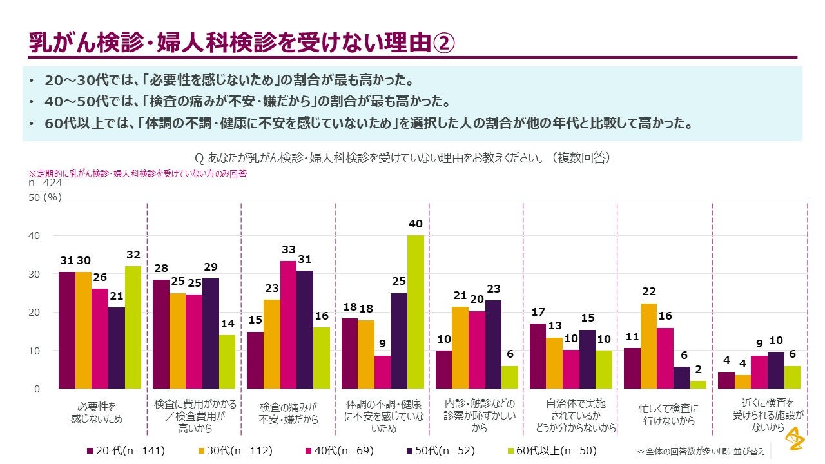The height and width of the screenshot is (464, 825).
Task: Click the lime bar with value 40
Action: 415,312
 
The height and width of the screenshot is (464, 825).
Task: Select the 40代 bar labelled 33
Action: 288,325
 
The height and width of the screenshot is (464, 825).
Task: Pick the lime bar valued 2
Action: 698,385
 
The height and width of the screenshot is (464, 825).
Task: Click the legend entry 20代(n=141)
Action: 126,450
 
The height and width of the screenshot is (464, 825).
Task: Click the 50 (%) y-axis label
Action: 45,198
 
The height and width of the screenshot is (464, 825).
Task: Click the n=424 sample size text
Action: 45,183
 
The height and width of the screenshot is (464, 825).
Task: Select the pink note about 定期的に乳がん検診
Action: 137,173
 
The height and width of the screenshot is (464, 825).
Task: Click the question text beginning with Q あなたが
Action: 402,158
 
